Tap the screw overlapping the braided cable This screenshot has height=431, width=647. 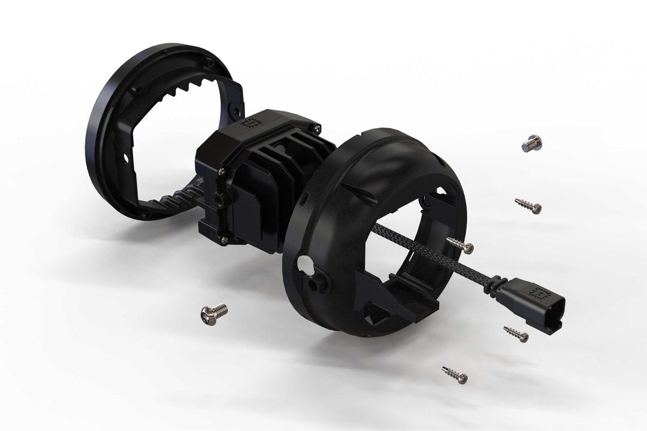coord(460,244)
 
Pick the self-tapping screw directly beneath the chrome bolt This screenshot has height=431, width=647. coord(528,205)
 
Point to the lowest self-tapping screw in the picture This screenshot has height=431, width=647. coord(455,374)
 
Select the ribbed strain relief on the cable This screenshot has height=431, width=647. coord(495,283)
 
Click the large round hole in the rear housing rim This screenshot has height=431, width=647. coord(303,264)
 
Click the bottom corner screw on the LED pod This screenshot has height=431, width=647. coord(224,239)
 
